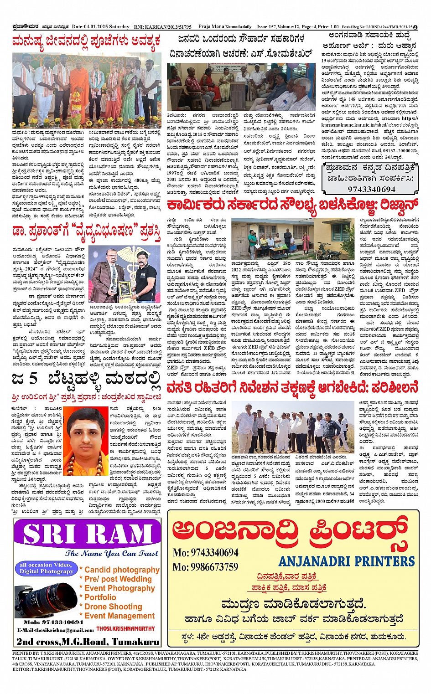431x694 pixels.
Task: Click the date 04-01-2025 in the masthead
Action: click(x=93, y=27)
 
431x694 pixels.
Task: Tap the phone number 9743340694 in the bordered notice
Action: click(x=371, y=189)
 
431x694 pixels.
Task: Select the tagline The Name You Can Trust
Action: click(x=112, y=554)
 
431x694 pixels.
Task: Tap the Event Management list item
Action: click(x=119, y=616)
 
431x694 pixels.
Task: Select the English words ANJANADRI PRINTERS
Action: click(x=347, y=561)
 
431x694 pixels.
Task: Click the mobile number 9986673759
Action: click(x=205, y=567)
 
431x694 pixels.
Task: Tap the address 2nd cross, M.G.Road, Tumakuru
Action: click(x=88, y=642)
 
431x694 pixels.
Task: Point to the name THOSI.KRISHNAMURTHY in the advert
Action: click(x=125, y=629)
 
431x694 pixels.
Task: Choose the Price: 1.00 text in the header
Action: click(x=328, y=27)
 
